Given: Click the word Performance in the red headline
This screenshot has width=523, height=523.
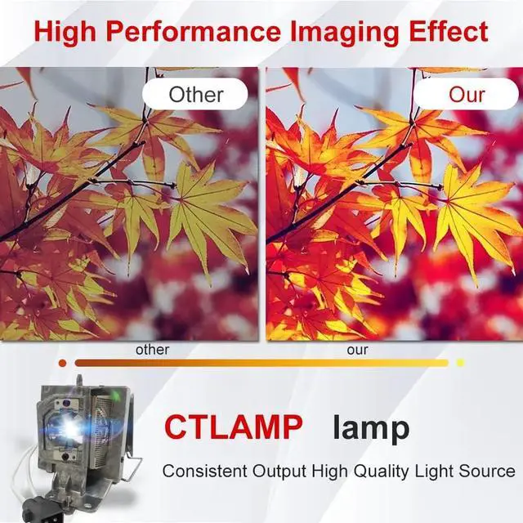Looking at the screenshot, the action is click(x=194, y=32).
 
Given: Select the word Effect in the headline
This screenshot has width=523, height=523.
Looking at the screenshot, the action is click(x=449, y=31).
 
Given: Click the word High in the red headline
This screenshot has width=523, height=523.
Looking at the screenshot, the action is click(x=65, y=33).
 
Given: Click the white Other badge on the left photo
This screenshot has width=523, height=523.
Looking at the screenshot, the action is click(x=195, y=95).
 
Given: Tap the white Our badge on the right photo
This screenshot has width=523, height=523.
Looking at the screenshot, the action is click(x=467, y=95).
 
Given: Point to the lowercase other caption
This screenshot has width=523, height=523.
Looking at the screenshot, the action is click(x=152, y=350).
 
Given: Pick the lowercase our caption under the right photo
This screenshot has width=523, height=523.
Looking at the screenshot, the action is click(x=357, y=350).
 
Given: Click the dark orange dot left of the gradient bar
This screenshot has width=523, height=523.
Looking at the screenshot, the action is click(x=62, y=363).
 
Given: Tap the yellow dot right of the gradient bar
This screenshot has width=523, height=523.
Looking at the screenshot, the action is click(x=460, y=363).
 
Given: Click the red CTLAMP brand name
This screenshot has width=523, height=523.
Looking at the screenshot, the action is click(x=234, y=427).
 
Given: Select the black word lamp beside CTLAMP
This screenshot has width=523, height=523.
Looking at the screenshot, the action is click(x=371, y=428).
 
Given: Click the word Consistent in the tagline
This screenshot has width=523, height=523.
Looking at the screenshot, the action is click(x=205, y=471).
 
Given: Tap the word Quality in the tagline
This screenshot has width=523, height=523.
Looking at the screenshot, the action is click(x=381, y=472).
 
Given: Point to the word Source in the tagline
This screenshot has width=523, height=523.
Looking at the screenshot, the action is click(x=487, y=471).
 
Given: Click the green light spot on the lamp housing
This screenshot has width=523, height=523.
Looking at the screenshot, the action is click(x=116, y=396).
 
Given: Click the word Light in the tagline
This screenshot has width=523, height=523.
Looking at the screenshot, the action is click(x=433, y=472).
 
